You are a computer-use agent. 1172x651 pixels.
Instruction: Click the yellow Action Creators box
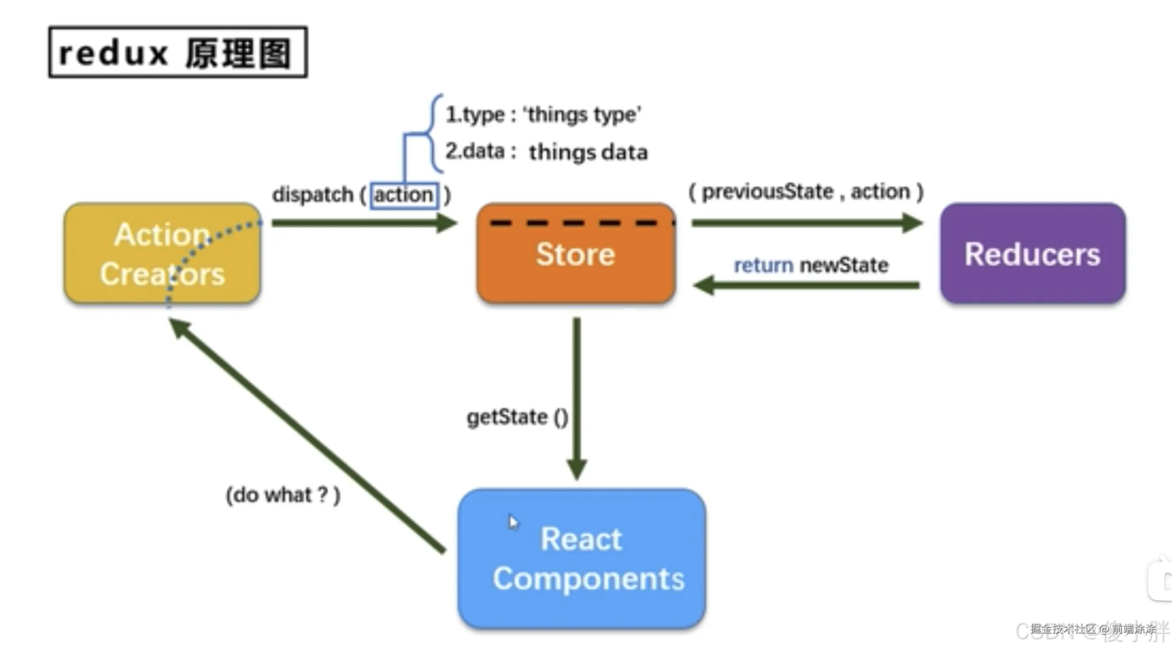(163, 254)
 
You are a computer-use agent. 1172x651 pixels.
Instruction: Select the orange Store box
(575, 254)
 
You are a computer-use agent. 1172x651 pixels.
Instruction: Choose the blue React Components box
(582, 559)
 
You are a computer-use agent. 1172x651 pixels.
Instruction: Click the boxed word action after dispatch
(404, 195)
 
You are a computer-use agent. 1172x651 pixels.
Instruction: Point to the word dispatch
(312, 195)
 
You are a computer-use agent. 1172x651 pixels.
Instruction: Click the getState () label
(517, 417)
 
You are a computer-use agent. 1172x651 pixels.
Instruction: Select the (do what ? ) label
(283, 495)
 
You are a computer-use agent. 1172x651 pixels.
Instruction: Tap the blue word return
(764, 265)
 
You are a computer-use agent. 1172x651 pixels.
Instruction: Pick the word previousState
(768, 192)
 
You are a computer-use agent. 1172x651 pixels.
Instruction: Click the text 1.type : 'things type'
(543, 115)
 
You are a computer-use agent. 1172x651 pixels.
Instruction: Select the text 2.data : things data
(546, 152)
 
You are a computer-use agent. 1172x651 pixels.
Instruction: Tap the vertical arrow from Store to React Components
(576, 396)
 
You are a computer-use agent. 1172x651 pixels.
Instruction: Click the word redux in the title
(114, 53)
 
